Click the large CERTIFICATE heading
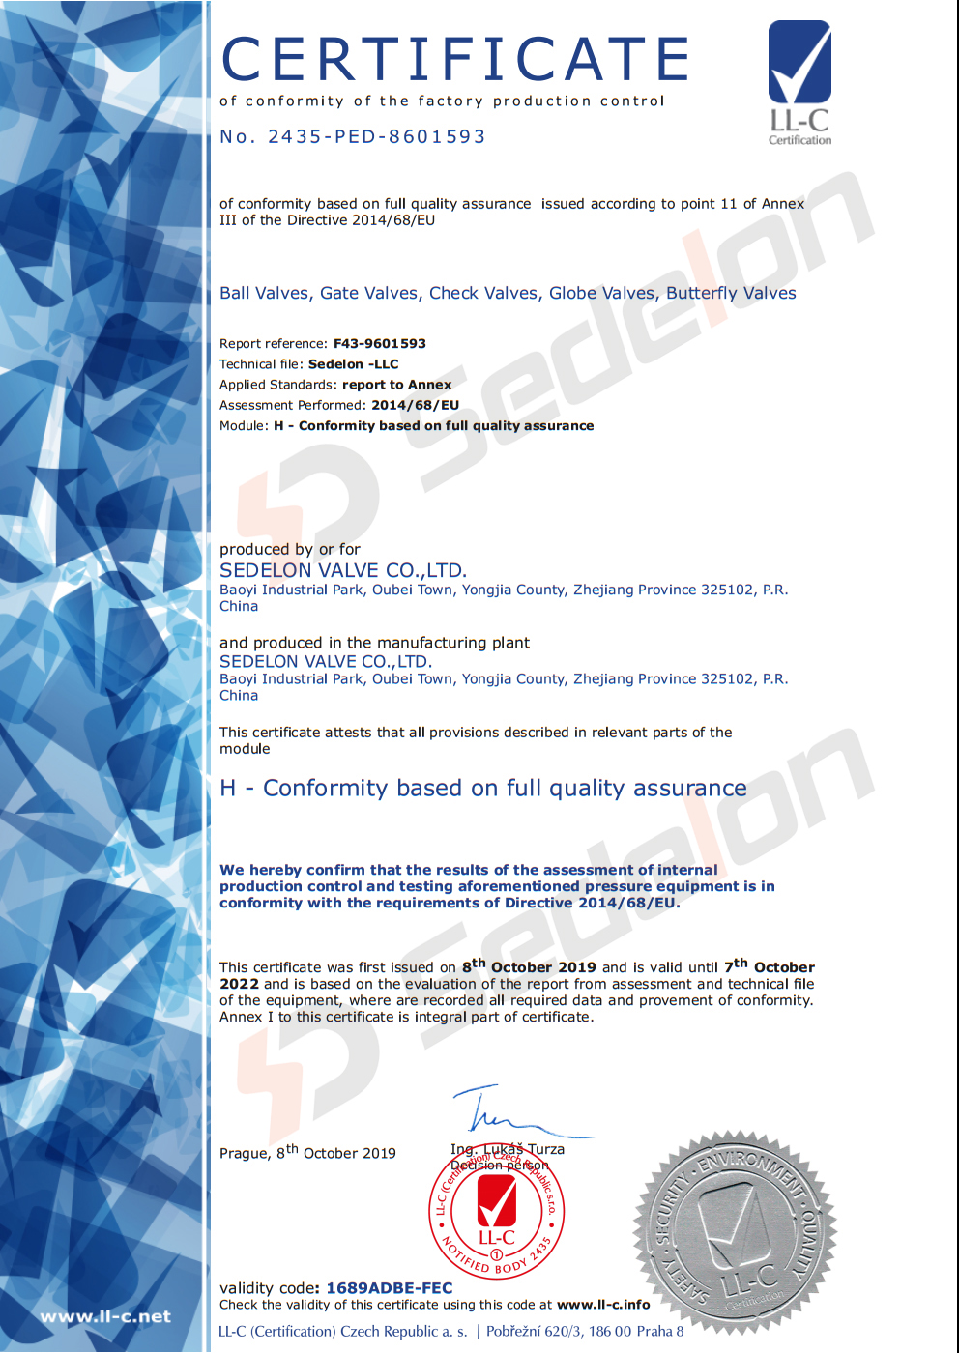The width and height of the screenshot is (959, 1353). (455, 60)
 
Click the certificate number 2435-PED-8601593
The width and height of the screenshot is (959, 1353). (377, 136)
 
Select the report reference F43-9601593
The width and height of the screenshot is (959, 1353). (379, 343)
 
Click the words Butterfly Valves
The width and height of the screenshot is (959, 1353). (731, 293)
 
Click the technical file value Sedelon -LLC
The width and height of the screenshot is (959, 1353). (353, 364)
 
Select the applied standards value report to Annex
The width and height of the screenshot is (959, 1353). (396, 385)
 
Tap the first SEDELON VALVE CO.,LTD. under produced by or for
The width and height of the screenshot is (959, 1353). (343, 570)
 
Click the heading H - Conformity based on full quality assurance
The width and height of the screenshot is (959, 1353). (483, 789)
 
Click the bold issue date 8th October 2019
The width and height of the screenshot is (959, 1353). (529, 966)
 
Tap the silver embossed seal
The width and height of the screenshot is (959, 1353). (735, 1232)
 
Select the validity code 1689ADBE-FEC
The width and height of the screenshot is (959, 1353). (390, 1288)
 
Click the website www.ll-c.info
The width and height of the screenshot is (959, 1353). (603, 1305)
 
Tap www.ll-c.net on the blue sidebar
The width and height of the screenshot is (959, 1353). (104, 1316)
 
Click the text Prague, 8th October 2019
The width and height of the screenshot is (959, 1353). (307, 1152)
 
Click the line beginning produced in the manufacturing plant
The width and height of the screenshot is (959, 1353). (374, 643)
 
